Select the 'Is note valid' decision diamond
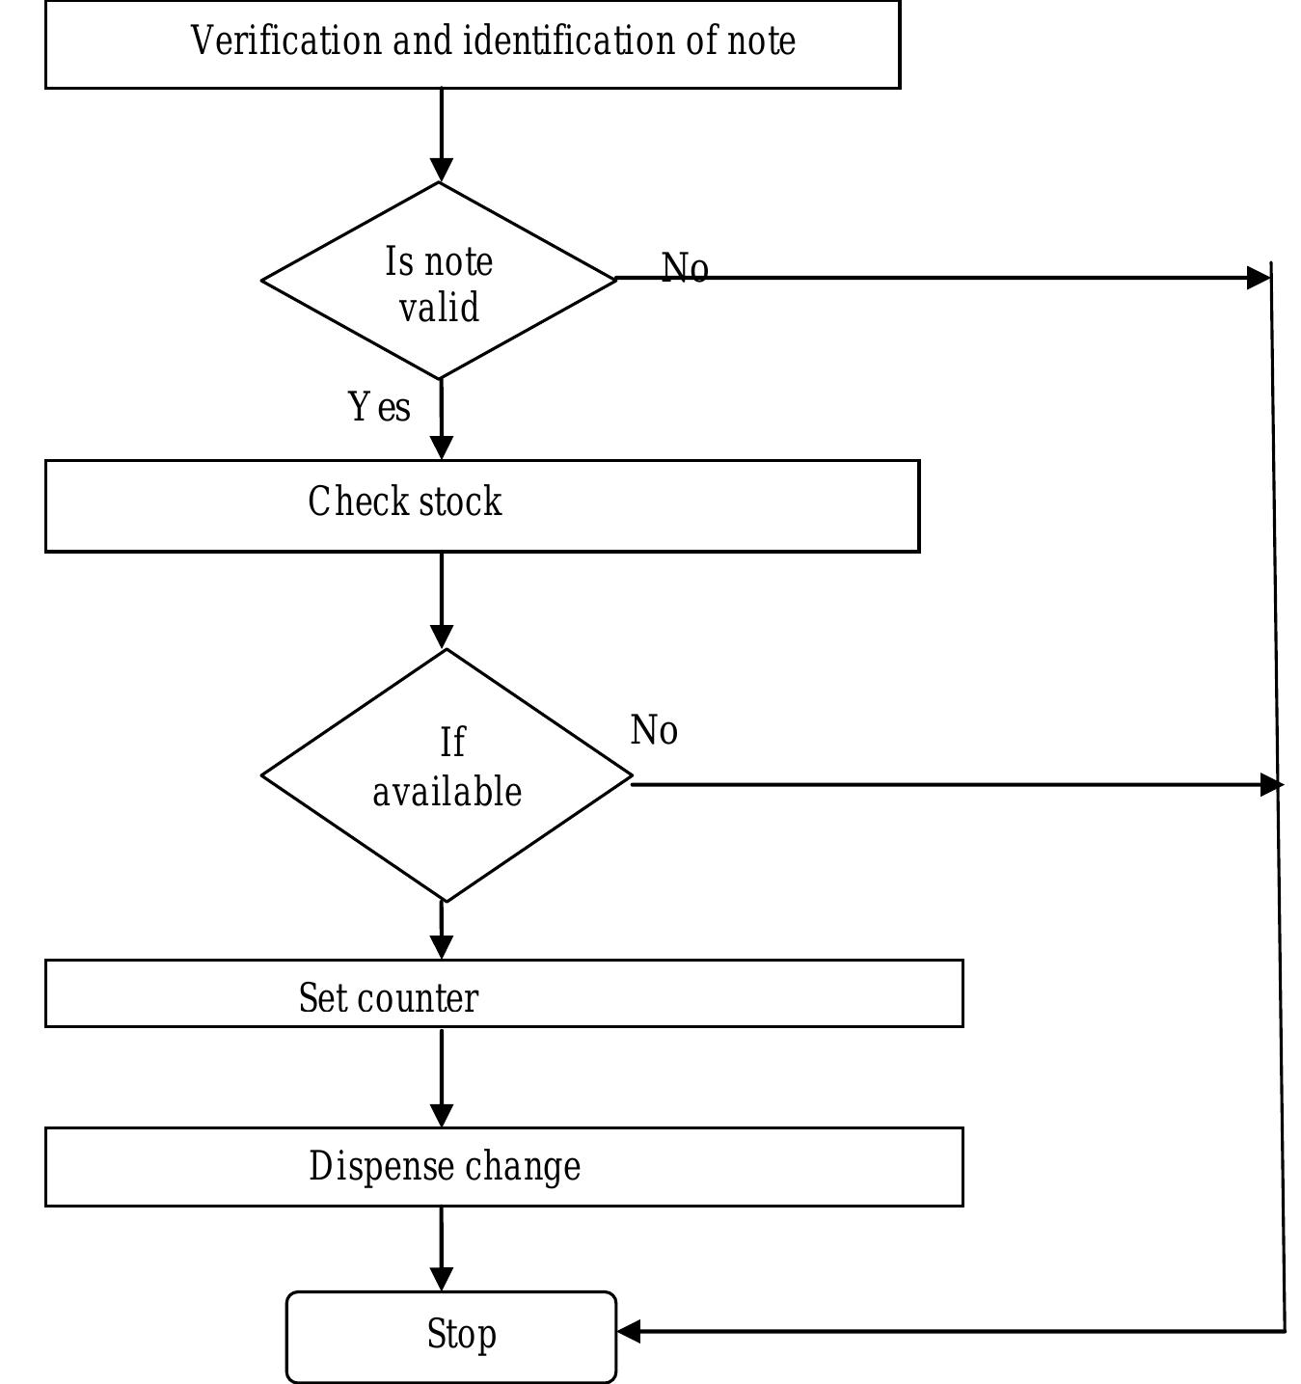click(439, 282)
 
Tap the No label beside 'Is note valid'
click(685, 268)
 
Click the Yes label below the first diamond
click(379, 407)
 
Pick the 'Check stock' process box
click(482, 505)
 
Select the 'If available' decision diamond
click(447, 774)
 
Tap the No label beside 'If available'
click(654, 730)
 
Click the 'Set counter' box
click(503, 993)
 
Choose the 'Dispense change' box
click(503, 1166)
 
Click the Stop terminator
click(451, 1336)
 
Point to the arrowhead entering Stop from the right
click(629, 1332)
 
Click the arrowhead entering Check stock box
click(441, 448)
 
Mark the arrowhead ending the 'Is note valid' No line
click(1259, 278)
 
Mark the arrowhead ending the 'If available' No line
click(1271, 785)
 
